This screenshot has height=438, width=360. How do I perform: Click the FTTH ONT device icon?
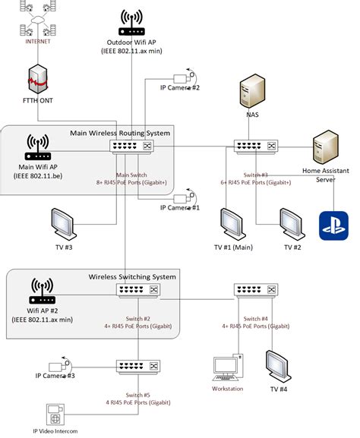[x=38, y=79]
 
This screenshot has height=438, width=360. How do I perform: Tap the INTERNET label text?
[x=38, y=42]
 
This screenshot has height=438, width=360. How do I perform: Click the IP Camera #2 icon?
[x=185, y=77]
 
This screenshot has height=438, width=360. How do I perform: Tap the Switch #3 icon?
[x=256, y=144]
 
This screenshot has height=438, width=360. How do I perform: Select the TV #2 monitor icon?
[x=292, y=223]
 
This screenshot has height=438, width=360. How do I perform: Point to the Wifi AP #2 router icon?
[x=43, y=291]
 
